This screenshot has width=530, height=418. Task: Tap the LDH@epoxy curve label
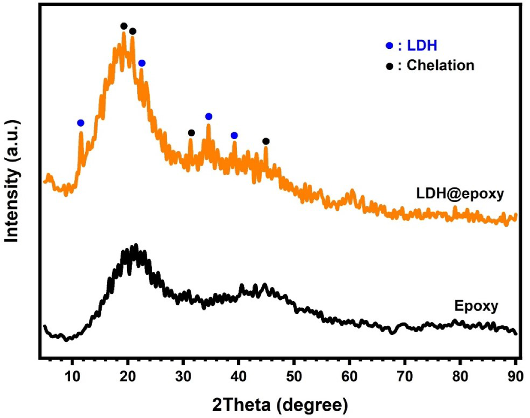point(459,194)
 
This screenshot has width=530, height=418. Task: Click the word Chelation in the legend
point(440,66)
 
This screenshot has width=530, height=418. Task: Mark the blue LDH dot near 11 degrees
point(81,123)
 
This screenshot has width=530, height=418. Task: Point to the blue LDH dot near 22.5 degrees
point(142,63)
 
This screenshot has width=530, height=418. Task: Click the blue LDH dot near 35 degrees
point(208,116)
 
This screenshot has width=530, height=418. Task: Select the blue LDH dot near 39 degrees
point(234,136)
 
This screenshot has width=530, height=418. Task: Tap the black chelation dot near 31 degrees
point(192,133)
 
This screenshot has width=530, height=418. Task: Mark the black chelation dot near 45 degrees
point(266,141)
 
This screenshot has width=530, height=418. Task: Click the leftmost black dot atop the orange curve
point(124,26)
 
